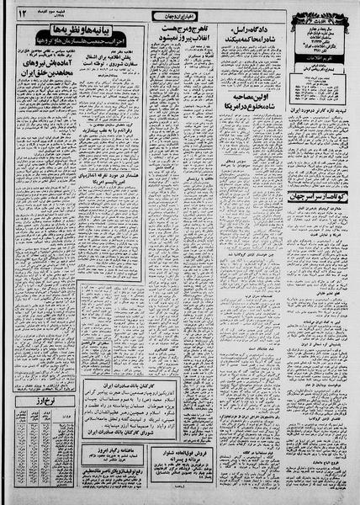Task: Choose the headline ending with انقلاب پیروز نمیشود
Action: pos(174,40)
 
